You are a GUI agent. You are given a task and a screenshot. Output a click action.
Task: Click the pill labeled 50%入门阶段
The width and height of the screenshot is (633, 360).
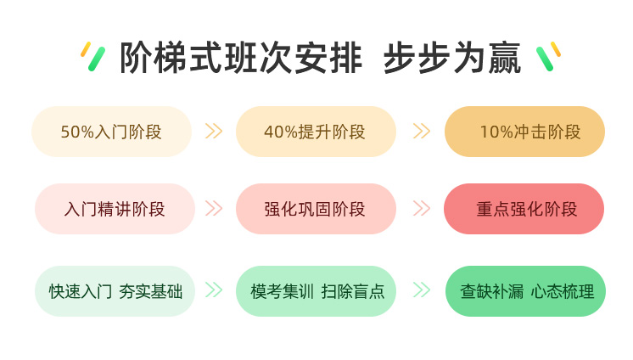[x=111, y=132]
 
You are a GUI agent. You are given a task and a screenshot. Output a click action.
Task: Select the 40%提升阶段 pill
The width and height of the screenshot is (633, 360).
[x=316, y=132]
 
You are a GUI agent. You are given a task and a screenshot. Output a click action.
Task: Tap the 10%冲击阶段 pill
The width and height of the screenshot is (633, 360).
[x=524, y=132]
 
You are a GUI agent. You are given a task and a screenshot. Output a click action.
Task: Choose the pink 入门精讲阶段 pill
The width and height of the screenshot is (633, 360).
[x=115, y=209]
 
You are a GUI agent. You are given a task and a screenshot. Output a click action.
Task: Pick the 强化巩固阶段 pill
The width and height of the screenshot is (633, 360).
[x=316, y=209]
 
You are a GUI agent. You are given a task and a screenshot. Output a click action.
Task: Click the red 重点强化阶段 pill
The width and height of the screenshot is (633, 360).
[x=524, y=209]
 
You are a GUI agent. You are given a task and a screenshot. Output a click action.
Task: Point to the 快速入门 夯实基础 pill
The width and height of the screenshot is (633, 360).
[x=115, y=291]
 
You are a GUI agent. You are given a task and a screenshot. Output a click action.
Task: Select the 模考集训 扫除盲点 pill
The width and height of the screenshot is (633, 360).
[x=316, y=291]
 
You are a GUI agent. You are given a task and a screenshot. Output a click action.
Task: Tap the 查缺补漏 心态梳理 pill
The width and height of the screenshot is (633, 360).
[x=525, y=291]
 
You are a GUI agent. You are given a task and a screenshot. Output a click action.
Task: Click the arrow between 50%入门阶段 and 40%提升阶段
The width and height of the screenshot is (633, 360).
[x=214, y=131]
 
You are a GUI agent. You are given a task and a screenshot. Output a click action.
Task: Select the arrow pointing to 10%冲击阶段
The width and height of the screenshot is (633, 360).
[x=422, y=131]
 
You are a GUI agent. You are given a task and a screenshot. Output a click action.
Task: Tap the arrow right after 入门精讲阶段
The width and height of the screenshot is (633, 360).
[x=214, y=209]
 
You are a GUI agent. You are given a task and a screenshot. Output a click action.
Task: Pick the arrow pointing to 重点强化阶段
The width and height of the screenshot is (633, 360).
[x=422, y=209]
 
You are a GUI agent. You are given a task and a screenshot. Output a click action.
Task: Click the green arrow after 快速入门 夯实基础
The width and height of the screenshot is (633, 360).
[x=214, y=290]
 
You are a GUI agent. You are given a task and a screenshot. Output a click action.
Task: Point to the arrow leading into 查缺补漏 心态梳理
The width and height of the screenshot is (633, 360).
[x=422, y=290]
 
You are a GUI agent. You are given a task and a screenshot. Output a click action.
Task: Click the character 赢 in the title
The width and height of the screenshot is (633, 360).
[x=505, y=58]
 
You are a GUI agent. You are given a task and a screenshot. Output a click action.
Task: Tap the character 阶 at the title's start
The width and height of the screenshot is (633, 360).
[x=137, y=58]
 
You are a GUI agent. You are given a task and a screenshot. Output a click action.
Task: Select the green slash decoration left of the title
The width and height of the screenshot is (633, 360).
[x=97, y=59]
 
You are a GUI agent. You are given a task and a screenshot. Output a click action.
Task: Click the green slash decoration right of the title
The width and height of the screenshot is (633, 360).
[x=545, y=59]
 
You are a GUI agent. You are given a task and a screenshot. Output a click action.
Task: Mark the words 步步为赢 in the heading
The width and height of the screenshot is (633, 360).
[x=452, y=58]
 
